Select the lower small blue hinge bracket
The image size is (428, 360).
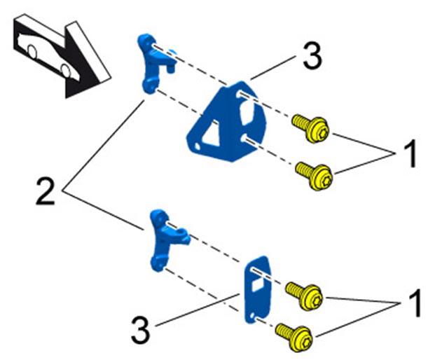167,240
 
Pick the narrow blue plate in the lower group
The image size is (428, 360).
258,289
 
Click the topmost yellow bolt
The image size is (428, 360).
310,128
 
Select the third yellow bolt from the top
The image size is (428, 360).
304,296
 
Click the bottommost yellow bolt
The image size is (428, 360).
294,338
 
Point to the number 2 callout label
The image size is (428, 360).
46,191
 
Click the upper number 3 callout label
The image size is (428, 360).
312,57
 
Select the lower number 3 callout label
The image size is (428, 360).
141,331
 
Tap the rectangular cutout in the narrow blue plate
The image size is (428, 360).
258,284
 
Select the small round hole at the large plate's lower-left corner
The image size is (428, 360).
197,147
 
